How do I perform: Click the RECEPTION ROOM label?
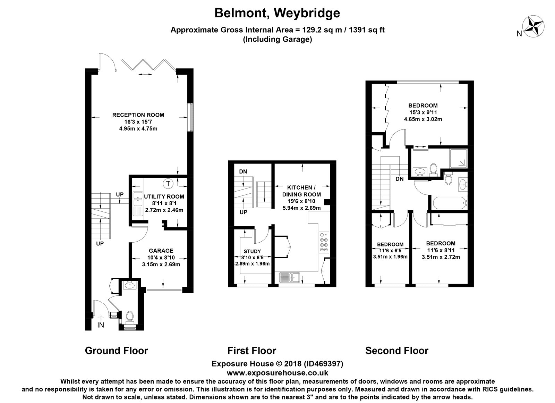138,115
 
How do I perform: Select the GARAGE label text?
161,251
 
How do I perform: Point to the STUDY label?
252,251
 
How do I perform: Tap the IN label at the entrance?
100,325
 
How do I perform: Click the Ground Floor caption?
116,351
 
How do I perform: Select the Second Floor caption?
396,351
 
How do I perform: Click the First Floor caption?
252,351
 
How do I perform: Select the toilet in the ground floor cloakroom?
130,317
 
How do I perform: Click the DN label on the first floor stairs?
243,171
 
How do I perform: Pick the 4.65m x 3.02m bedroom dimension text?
423,119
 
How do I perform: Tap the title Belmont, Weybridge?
277,13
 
